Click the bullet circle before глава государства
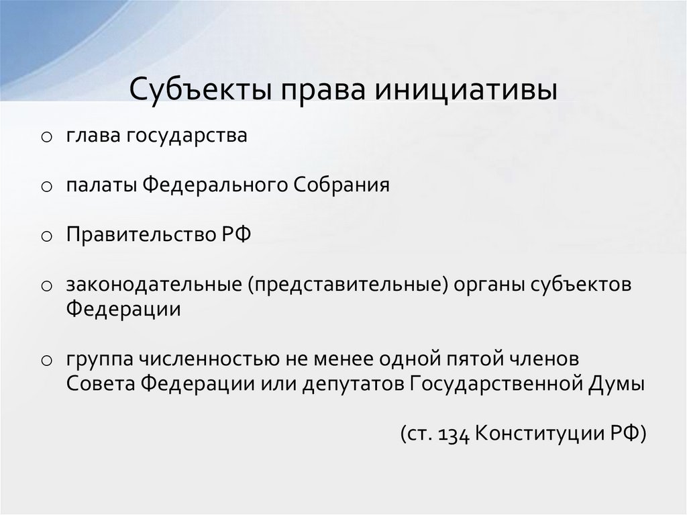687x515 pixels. (46, 138)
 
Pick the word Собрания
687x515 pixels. (341, 185)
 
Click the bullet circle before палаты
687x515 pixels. (46, 187)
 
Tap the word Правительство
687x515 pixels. (138, 234)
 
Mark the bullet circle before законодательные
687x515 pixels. (46, 285)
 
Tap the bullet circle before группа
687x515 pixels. (46, 360)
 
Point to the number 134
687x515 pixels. (454, 433)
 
